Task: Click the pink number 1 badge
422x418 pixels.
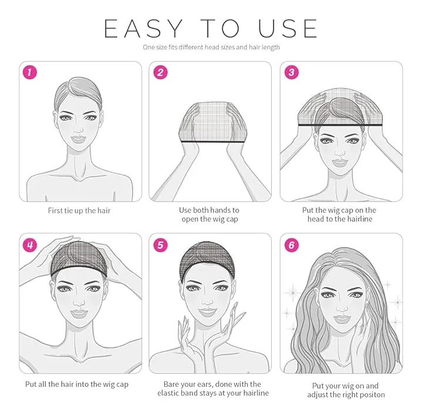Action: tap(29, 72)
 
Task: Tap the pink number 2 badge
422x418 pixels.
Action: tap(160, 72)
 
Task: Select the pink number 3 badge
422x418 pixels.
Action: tap(292, 72)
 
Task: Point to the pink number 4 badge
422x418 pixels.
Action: tap(29, 245)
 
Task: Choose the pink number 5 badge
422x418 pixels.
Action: tap(160, 245)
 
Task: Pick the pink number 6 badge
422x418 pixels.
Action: tap(292, 245)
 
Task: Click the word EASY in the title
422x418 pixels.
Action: tap(143, 28)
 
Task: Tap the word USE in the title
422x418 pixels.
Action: tap(288, 28)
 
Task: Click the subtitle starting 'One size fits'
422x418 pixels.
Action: tap(211, 48)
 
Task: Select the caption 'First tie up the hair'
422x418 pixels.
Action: tap(79, 210)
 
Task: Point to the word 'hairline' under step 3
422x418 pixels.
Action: tap(357, 219)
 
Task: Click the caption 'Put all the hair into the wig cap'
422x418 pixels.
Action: tap(77, 384)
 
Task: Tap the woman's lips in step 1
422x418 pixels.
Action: tap(78, 139)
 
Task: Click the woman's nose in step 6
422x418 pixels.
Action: tap(342, 307)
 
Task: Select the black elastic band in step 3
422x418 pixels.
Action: tap(340, 125)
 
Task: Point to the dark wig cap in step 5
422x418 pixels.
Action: tap(207, 260)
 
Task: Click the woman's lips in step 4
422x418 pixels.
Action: tap(78, 314)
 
